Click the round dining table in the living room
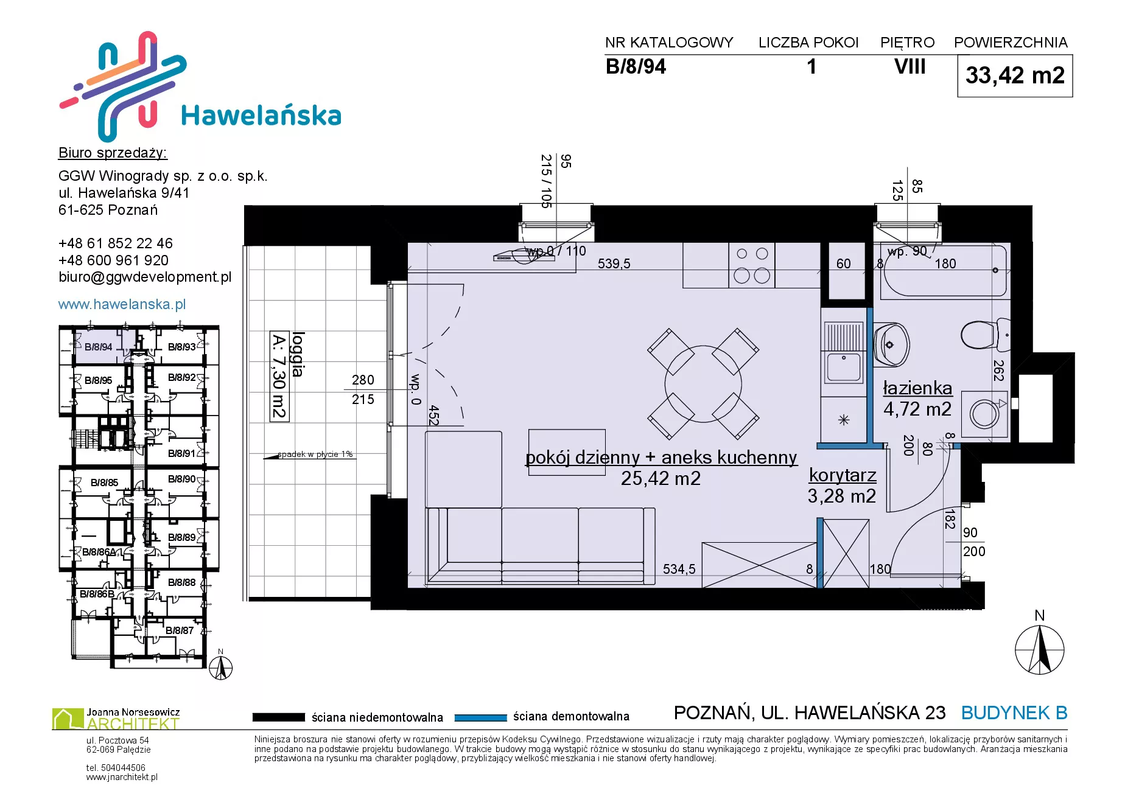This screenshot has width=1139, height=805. tap(703, 384)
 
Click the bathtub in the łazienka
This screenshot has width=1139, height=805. tap(943, 271)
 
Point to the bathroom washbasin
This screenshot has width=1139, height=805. tap(891, 344)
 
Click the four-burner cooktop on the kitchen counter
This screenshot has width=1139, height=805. tap(752, 265)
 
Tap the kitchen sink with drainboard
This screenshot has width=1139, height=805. tap(844, 352)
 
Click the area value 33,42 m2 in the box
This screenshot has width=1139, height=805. tap(1015, 75)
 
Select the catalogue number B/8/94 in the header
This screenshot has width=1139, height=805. tap(636, 66)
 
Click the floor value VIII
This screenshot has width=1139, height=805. tap(909, 66)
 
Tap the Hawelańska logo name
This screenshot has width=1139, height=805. tap(261, 115)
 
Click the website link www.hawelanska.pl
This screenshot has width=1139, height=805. tap(122, 304)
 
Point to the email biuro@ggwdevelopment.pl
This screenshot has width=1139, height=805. tap(145, 277)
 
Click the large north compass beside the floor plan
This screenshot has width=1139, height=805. tap(1040, 649)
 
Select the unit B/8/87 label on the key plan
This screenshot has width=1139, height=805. tap(180, 630)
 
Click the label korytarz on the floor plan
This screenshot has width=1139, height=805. tap(843, 475)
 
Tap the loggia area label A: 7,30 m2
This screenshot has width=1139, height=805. tap(279, 376)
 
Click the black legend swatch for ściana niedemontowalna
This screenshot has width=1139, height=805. tap(278, 717)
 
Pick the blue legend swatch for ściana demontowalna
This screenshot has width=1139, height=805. tap(481, 717)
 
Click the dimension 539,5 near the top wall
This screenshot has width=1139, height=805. tap(614, 263)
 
